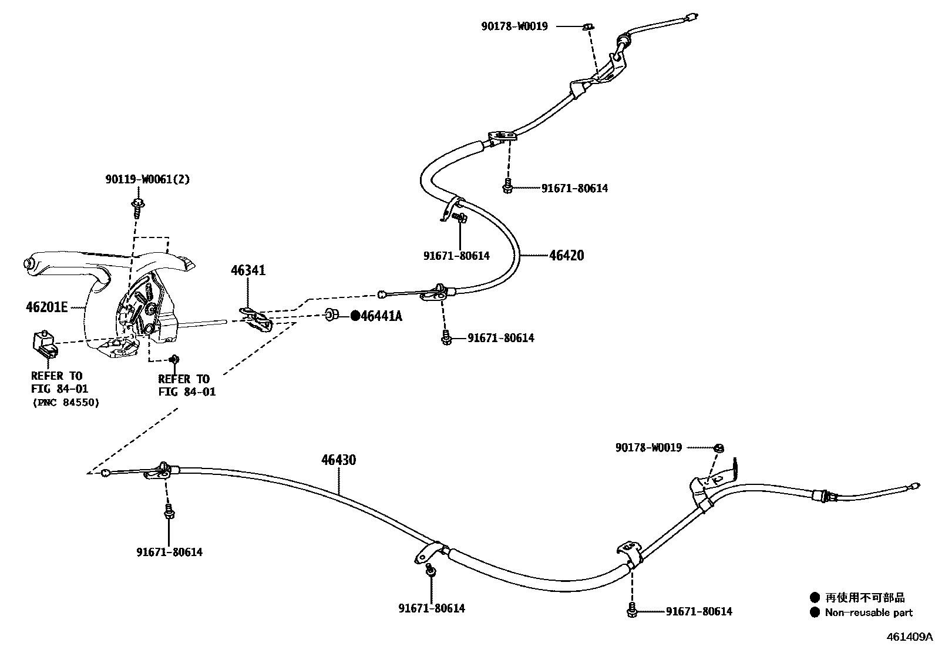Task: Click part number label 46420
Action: click(566, 256)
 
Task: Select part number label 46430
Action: click(338, 460)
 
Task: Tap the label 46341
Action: click(248, 270)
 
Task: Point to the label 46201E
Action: click(47, 307)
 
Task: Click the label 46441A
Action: click(381, 316)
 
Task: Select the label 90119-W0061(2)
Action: click(147, 179)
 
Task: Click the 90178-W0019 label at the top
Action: click(514, 26)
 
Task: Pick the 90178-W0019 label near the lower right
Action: click(648, 448)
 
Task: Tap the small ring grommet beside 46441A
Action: click(331, 316)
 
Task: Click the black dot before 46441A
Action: click(355, 316)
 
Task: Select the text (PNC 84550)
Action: click(65, 403)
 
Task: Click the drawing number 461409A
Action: click(909, 637)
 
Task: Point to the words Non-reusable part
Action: click(868, 612)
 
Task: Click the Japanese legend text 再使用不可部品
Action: click(865, 598)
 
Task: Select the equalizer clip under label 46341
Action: click(257, 319)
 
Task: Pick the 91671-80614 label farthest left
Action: click(169, 553)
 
